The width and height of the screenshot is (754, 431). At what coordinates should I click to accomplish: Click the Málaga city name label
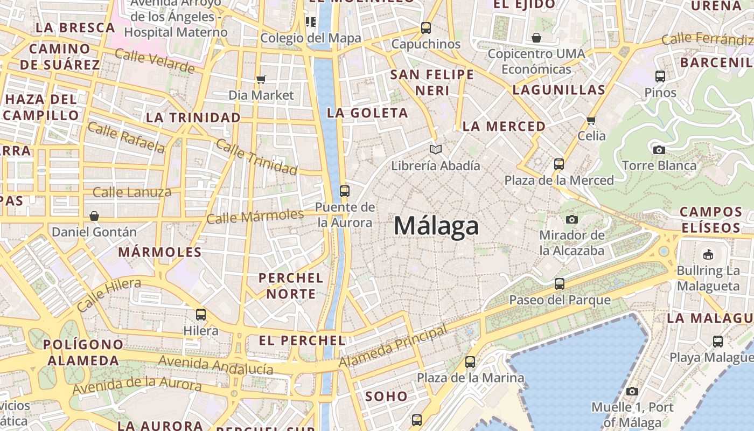436,226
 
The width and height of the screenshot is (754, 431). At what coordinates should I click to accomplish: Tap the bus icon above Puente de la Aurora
345,191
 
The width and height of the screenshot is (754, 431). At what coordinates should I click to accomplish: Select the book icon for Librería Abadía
436,149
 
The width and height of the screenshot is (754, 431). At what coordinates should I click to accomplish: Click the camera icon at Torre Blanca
659,150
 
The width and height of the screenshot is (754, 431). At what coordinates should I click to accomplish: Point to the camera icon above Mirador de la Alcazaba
572,219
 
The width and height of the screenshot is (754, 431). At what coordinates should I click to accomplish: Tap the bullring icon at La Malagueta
708,254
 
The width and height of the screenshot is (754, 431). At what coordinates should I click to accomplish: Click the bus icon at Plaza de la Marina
470,362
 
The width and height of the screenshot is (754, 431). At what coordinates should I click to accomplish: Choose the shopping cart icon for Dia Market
261,80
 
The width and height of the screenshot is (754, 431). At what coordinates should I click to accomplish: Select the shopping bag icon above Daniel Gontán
94,216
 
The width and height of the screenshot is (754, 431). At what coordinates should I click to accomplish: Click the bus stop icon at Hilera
201,315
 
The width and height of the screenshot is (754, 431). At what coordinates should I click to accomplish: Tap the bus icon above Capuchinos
426,28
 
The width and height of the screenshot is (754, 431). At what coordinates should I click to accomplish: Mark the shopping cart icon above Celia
591,120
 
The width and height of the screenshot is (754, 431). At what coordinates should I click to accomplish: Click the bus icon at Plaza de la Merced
559,164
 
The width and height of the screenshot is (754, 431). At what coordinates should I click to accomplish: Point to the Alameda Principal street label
394,347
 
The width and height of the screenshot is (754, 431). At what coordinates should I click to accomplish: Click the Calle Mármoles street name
255,217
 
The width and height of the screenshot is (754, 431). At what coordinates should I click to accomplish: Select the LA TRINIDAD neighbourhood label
193,117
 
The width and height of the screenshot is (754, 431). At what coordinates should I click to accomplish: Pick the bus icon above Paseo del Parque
560,284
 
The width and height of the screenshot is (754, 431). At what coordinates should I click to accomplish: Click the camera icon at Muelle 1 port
632,392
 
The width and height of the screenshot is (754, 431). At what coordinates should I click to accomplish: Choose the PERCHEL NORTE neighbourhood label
291,286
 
